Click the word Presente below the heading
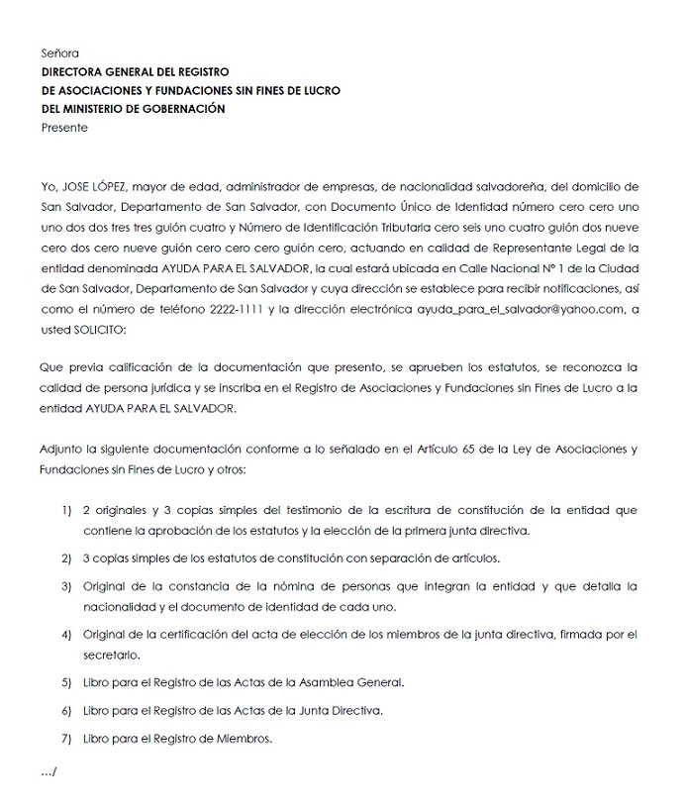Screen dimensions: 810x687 click(64, 128)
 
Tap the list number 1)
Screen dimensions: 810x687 click(66, 512)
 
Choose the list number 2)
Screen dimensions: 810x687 click(66, 558)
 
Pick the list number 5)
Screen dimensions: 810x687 click(66, 683)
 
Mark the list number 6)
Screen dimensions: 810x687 click(66, 711)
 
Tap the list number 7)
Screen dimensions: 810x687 click(66, 739)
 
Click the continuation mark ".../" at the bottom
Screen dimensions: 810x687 click(49, 771)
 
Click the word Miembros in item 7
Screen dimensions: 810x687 click(246, 739)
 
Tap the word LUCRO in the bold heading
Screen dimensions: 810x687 click(319, 90)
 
